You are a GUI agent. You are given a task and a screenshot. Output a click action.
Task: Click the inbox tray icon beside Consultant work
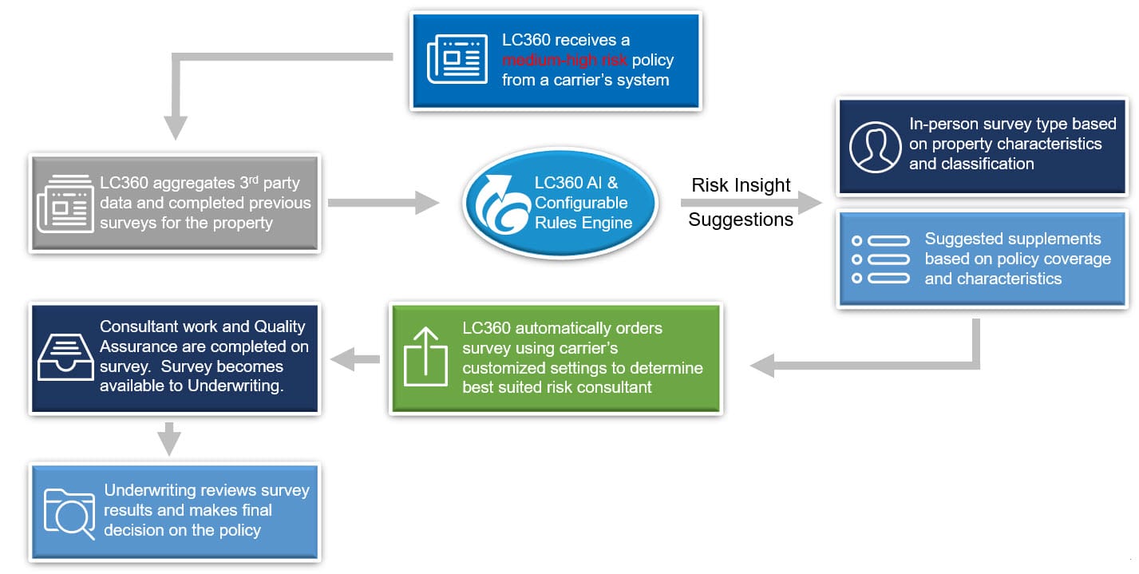[65, 357]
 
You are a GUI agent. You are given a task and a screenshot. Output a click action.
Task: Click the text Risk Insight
[741, 185]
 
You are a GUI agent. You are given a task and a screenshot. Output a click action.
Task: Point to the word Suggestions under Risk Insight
[741, 220]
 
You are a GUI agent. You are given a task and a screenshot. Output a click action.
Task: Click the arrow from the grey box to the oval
[382, 203]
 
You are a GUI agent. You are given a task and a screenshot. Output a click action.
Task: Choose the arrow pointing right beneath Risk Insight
[750, 203]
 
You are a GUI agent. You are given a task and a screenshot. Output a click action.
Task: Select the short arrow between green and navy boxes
[355, 359]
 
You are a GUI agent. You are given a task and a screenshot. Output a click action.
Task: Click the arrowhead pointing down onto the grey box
[176, 127]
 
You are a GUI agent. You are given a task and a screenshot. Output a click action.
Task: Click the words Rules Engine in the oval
[583, 223]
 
